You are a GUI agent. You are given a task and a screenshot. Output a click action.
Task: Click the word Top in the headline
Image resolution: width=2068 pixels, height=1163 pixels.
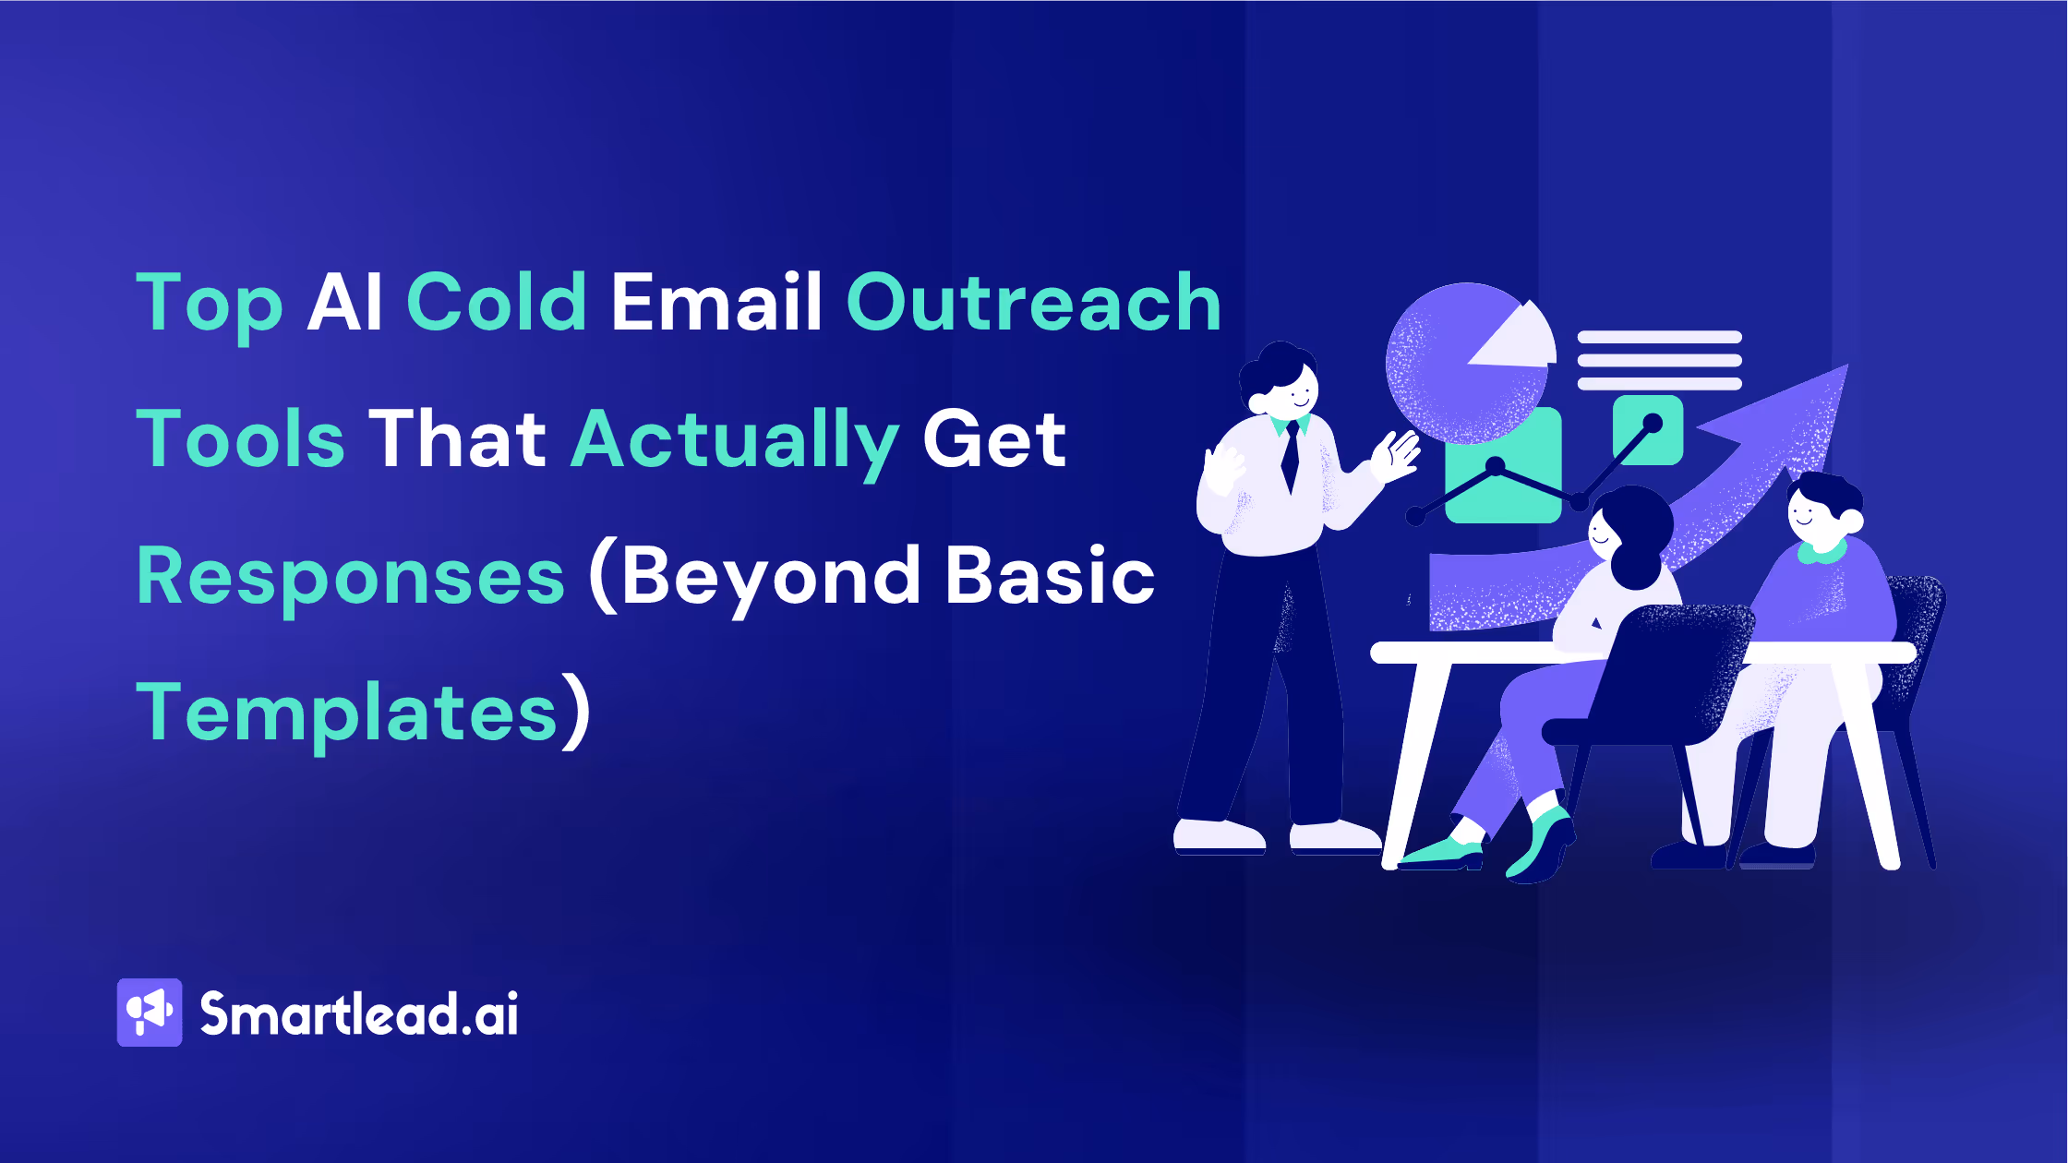210,306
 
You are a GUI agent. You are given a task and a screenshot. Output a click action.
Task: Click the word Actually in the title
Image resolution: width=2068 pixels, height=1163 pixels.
735,442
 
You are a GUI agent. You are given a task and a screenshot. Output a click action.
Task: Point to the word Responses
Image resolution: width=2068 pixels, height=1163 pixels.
351,578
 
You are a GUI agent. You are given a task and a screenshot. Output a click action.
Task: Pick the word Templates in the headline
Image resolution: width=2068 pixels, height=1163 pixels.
347,713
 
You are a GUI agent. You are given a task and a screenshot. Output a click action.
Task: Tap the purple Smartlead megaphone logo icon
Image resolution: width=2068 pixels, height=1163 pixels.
150,1013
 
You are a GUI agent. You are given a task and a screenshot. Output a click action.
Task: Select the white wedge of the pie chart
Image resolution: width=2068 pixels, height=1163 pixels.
1520,338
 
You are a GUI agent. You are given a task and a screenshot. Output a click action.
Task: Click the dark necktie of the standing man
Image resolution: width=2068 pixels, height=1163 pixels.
1290,457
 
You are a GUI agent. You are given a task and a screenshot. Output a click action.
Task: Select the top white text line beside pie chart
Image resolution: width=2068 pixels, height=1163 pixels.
1659,337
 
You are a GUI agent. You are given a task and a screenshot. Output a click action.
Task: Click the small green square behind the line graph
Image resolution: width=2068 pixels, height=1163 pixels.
1648,429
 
